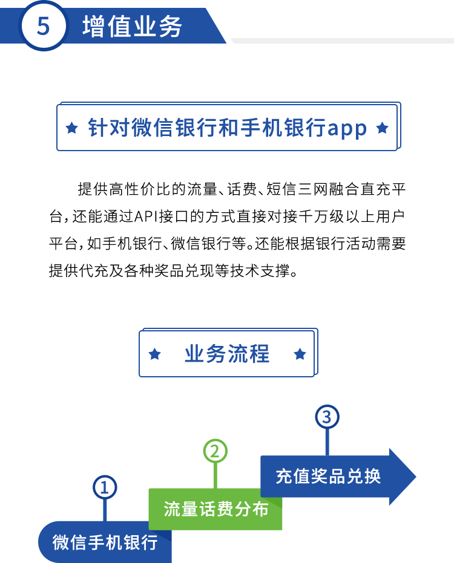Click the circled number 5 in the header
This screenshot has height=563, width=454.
point(43,26)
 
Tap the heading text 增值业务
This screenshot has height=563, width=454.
point(133,27)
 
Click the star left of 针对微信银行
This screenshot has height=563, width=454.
point(72,128)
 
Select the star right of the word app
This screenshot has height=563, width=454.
point(382,128)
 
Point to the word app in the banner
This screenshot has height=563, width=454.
point(347,129)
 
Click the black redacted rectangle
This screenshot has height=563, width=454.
point(227,230)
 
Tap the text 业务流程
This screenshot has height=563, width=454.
point(227,354)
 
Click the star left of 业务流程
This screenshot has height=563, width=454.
point(155,354)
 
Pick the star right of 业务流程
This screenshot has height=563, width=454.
point(300,354)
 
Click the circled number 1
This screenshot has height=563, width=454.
point(105,487)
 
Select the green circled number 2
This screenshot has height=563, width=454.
point(215,451)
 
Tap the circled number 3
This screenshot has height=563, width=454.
point(327,417)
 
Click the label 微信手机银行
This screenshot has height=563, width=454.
point(105,542)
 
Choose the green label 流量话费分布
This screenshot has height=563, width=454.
point(215,509)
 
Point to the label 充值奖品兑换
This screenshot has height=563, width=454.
point(328,476)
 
